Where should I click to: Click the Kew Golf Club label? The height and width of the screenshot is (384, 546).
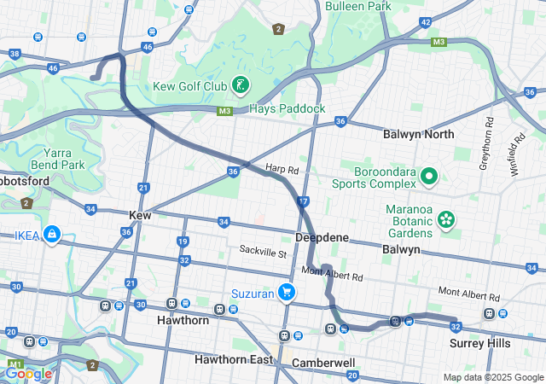coord(190,86)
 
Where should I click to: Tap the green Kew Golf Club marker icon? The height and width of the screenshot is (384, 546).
coord(242,84)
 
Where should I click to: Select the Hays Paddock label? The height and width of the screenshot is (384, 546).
coord(288,109)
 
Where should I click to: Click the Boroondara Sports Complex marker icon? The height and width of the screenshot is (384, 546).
coord(428,177)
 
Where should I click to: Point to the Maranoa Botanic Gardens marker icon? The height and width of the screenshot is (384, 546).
coord(445,220)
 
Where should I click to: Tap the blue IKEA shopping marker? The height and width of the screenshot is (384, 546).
coord(52,233)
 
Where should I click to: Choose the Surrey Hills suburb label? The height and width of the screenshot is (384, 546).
coord(479,343)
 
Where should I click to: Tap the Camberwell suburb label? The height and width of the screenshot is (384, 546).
coord(323,363)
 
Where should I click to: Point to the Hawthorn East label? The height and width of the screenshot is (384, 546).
coord(232,359)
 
